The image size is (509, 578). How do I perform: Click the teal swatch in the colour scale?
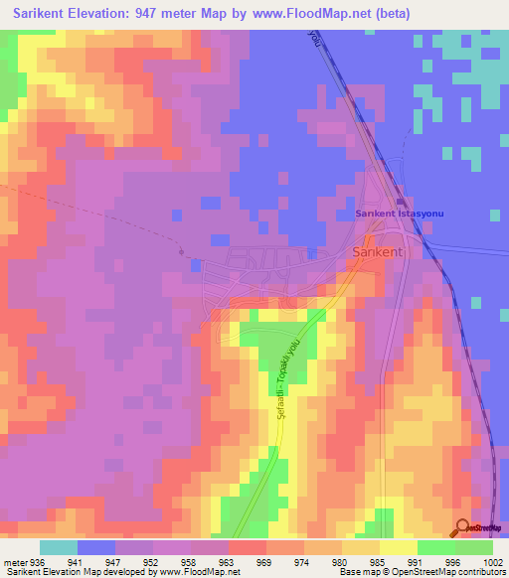(59, 547)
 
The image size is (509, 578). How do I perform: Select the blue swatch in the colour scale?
(96, 547)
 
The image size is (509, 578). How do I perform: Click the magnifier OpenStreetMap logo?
(464, 527)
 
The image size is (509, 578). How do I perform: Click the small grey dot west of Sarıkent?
(181, 251)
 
